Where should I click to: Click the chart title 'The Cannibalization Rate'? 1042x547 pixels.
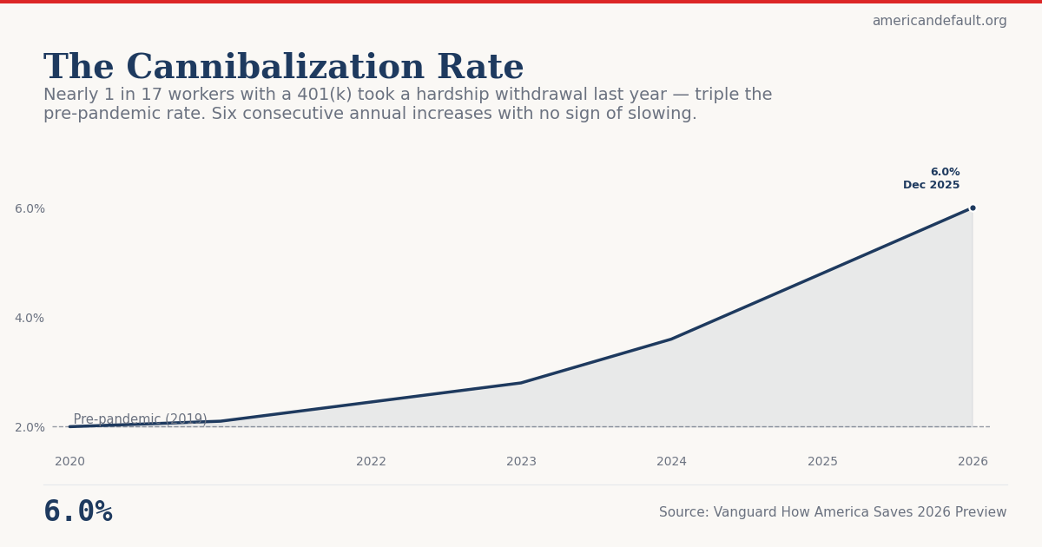coord(283,68)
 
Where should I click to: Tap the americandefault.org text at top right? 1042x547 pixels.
coord(939,21)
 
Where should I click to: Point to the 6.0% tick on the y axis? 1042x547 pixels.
coord(30,209)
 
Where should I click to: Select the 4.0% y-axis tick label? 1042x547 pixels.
coord(30,319)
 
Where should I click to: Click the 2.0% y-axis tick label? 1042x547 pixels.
coord(30,427)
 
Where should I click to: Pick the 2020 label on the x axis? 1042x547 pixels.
coord(69,462)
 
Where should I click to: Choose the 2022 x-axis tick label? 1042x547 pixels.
coord(371,462)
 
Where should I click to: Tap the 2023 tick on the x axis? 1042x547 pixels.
coord(521,462)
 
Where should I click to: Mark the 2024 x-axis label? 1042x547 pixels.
coord(671,462)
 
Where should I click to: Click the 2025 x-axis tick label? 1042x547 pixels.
coord(822,462)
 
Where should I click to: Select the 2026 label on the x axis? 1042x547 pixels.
coord(973,462)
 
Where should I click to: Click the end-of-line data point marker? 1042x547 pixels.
coord(973,208)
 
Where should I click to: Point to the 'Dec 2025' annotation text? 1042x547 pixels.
coord(931,185)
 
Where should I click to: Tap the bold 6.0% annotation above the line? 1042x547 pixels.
coord(945,172)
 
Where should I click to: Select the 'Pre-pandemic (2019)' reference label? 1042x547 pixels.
coord(140,419)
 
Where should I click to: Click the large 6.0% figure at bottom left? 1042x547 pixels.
coord(78,512)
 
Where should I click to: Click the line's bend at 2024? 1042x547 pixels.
coord(671,339)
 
